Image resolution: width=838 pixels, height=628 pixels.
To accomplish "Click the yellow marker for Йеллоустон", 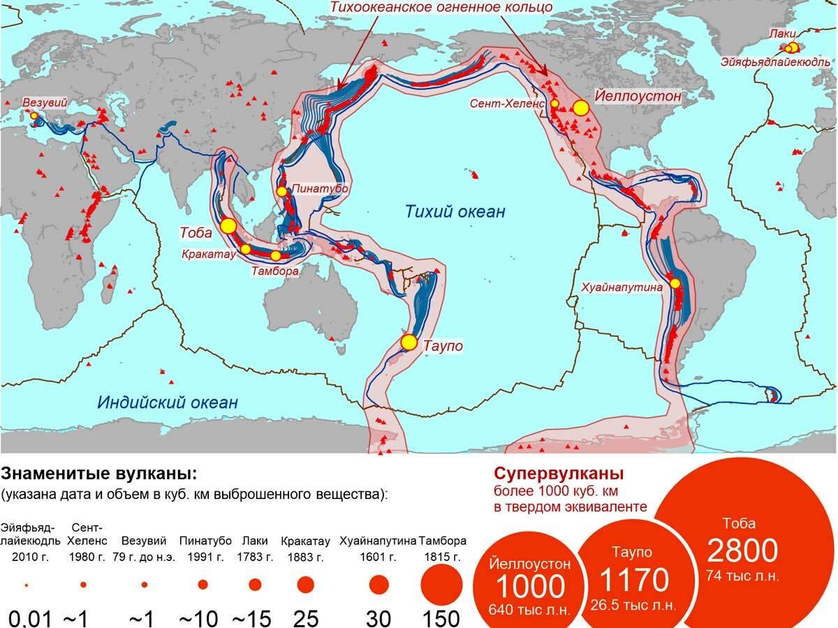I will [x=580, y=107].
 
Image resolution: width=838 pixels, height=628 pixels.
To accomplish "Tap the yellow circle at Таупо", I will [x=409, y=343].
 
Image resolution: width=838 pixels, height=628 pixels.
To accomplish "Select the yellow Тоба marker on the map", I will [x=228, y=225].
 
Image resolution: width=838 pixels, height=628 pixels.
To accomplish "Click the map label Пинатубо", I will [x=319, y=188].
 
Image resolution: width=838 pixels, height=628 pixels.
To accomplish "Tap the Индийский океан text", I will [x=168, y=402].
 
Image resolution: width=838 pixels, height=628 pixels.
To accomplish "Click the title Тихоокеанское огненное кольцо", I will [x=441, y=8].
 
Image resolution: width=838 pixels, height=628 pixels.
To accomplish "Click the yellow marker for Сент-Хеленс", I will [x=554, y=103].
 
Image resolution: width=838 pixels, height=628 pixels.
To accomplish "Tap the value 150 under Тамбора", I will [x=441, y=618].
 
